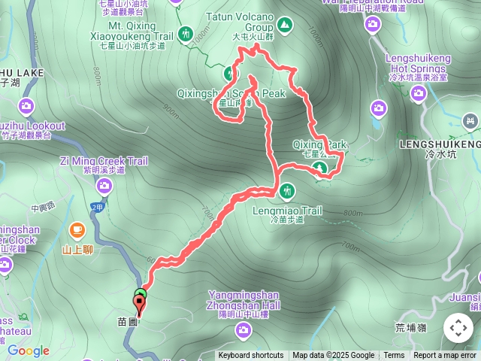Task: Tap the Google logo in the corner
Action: (28, 350)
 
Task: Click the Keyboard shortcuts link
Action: (251, 356)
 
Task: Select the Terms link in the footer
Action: (394, 356)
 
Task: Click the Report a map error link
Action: (445, 356)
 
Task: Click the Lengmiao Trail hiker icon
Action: (286, 192)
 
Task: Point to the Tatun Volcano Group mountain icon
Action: (285, 26)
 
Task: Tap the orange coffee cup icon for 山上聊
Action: (77, 229)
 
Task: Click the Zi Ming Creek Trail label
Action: (104, 160)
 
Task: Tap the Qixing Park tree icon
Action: (320, 167)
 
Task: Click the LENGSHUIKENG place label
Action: (440, 144)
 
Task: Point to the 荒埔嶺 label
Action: (410, 327)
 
